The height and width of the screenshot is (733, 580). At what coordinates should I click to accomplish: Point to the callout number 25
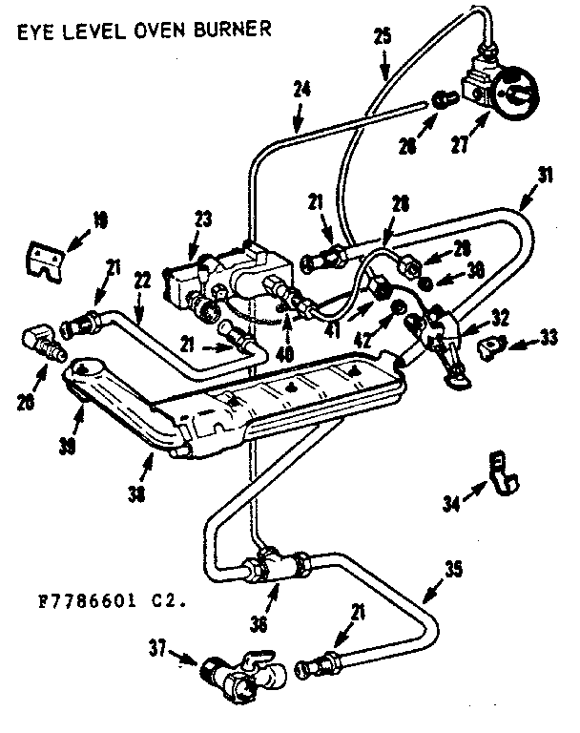click(x=382, y=39)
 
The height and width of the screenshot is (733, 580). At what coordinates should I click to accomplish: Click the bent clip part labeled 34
click(x=499, y=473)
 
